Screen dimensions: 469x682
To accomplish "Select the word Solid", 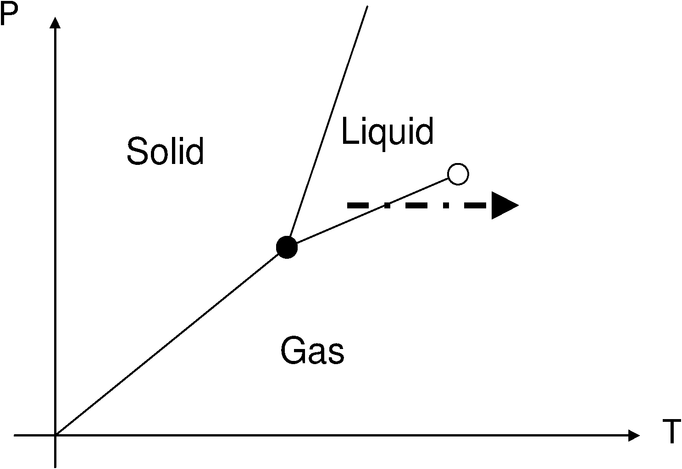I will (165, 151).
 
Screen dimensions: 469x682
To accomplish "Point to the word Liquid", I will (388, 132).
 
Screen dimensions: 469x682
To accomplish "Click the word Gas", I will (312, 351).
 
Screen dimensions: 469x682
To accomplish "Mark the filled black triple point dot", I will (287, 247).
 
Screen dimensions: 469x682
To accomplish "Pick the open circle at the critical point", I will (458, 174).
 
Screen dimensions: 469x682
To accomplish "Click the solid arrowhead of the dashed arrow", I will (504, 206).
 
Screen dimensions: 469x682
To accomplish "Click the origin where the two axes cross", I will (55, 435).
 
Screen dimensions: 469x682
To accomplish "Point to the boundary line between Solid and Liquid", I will (328, 126).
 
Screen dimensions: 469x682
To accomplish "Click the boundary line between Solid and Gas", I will (170, 341).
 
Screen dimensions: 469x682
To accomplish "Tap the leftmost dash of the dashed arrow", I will (358, 206).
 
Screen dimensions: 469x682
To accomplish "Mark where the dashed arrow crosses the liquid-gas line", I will (388, 205).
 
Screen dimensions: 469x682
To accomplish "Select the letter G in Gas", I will (292, 351).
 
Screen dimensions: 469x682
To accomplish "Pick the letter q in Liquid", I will (376, 134).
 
